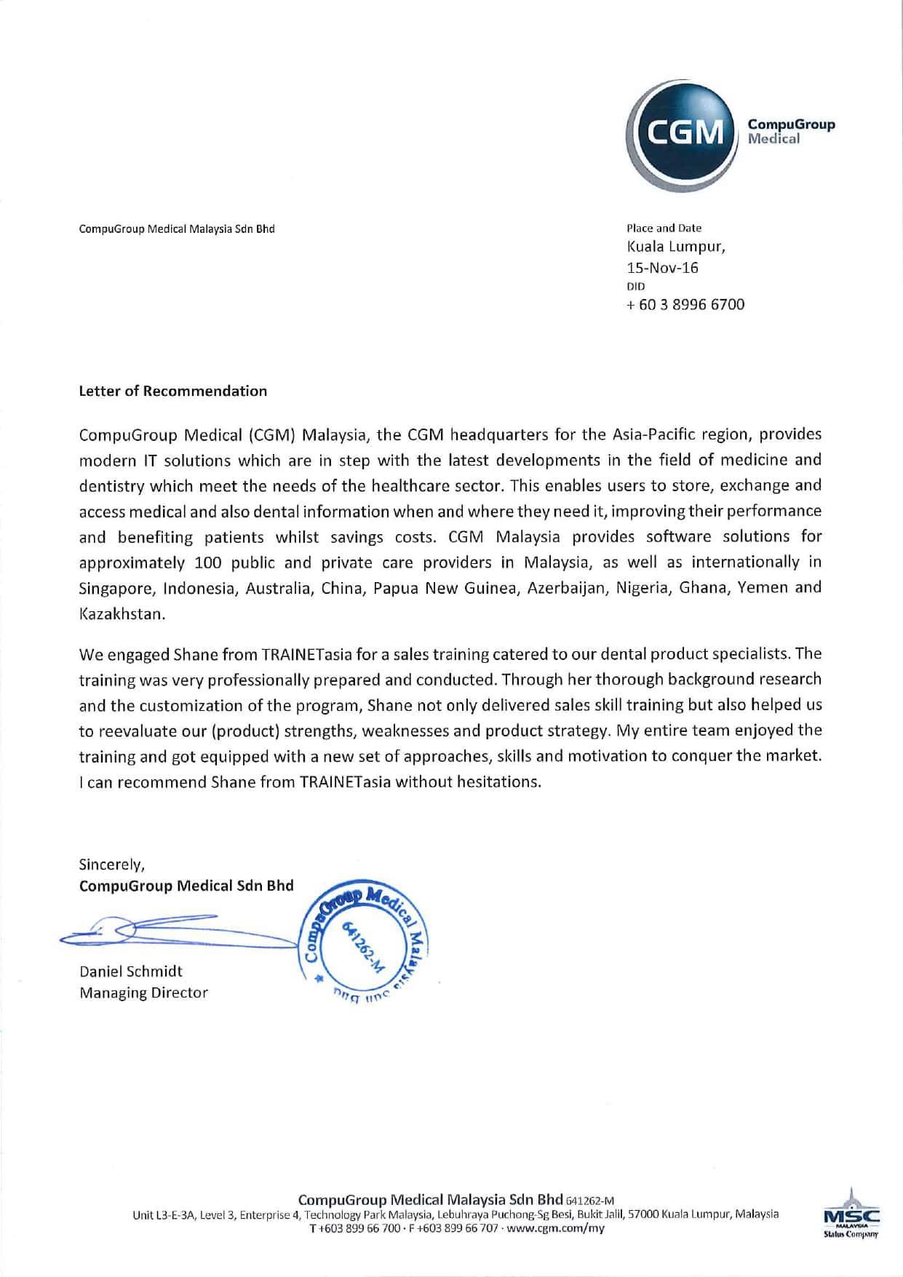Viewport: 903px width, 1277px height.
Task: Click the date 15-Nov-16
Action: (x=662, y=268)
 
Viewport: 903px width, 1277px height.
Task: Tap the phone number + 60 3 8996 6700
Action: (x=685, y=304)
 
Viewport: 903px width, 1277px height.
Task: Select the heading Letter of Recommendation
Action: (x=172, y=391)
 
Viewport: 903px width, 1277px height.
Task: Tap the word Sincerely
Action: (x=112, y=864)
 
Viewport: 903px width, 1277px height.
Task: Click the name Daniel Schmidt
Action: (x=131, y=971)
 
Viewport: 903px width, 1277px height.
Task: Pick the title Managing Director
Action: (x=143, y=992)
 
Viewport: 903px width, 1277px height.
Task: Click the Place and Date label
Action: (x=664, y=228)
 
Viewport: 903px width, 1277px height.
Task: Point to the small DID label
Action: (x=635, y=287)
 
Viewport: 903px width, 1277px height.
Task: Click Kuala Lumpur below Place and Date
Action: (x=676, y=246)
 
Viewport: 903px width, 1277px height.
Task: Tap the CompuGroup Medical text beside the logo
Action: (x=791, y=131)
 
